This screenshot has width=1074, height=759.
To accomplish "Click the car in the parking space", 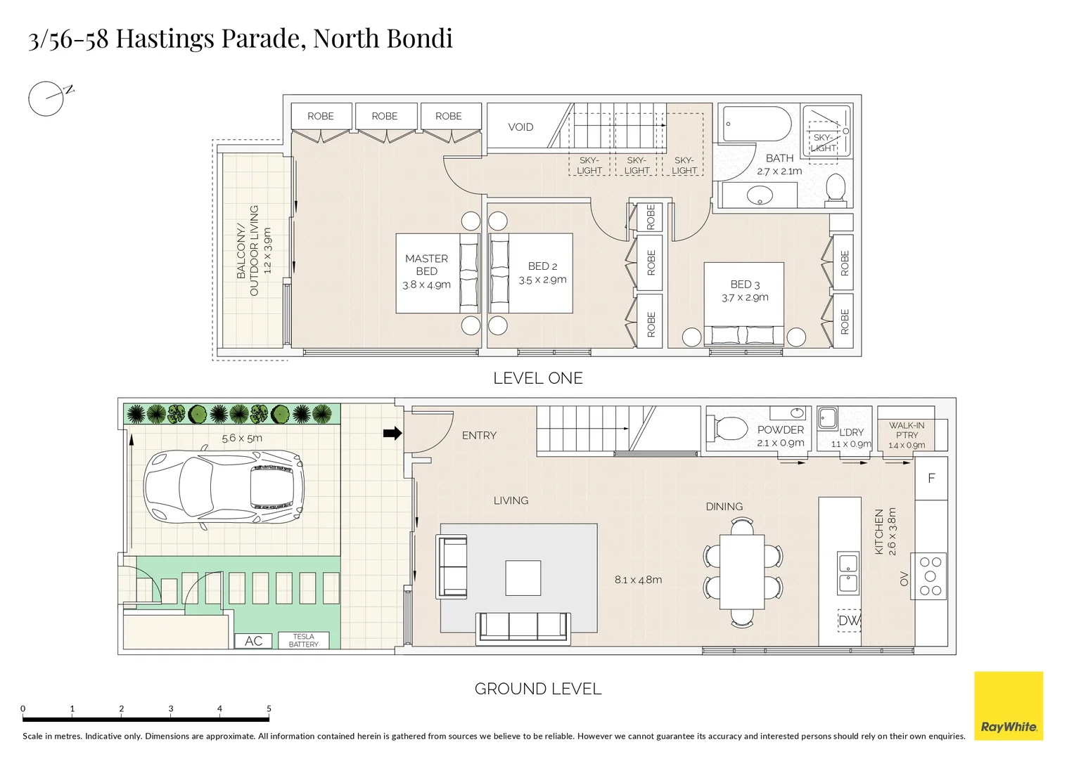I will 224,486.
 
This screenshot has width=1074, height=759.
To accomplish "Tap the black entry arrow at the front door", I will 392,433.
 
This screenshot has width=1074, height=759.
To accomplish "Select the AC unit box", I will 254,640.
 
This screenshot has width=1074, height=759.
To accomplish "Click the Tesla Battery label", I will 303,640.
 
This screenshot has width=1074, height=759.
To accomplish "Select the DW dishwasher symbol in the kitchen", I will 849,621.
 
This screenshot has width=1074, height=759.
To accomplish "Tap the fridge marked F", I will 931,479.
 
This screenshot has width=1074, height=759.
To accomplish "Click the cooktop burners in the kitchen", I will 930,576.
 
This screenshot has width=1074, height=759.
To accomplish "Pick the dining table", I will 742,571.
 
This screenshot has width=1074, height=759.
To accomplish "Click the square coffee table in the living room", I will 523,578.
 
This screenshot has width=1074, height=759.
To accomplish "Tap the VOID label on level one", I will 520,127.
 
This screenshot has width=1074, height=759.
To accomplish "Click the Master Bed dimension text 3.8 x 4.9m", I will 426,285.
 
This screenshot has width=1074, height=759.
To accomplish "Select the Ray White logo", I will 1008,705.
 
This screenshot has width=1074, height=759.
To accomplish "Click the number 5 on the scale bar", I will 269,708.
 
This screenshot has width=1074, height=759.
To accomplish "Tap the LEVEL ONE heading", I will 538,378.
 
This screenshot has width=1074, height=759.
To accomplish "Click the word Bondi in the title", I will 418,38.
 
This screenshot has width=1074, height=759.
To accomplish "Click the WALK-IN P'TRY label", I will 907,430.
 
